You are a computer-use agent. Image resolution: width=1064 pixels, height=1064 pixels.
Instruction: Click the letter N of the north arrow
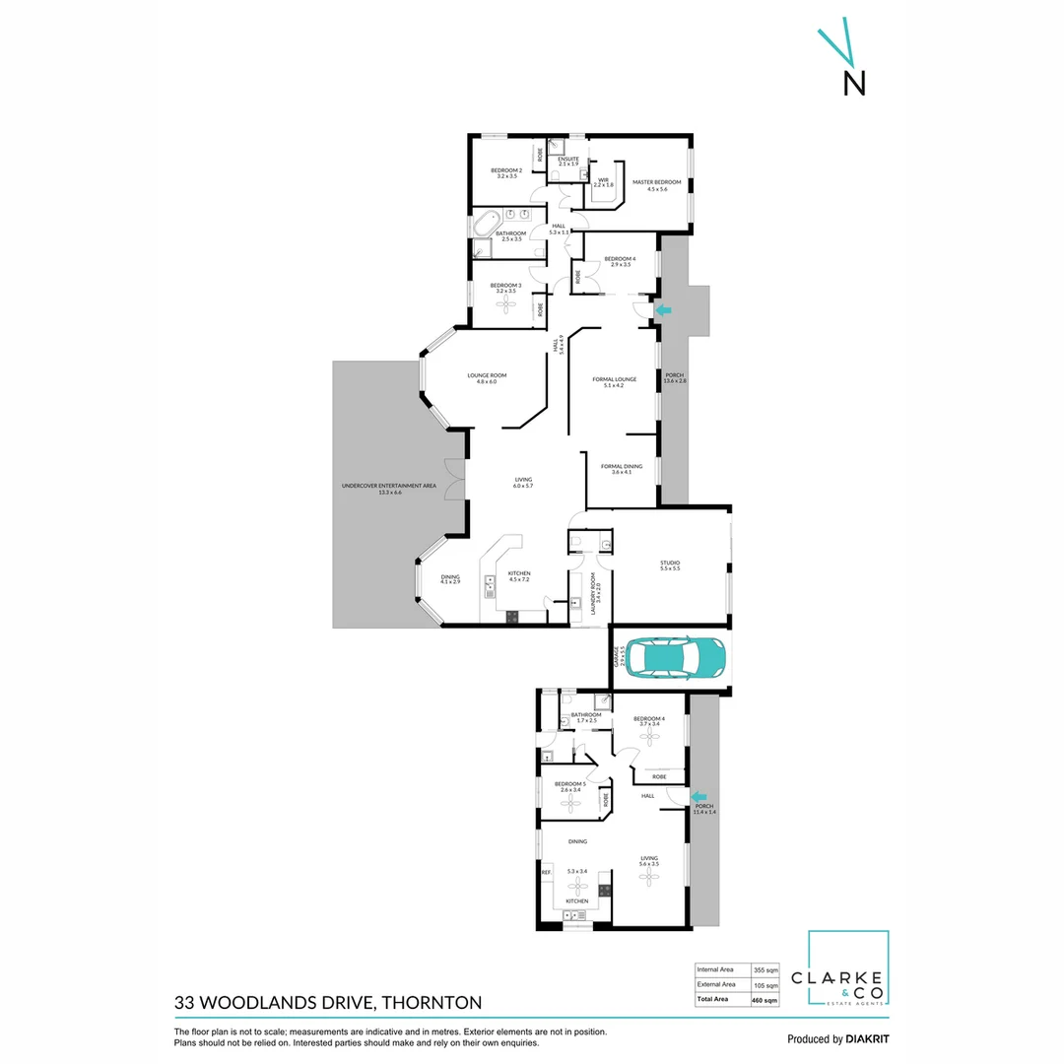pos(854,84)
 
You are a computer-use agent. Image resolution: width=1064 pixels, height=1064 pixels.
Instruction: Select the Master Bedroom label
pos(657,182)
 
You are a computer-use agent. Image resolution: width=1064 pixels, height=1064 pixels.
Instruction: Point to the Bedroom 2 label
pos(506,171)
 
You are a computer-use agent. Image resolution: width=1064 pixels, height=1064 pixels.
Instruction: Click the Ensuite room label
pos(568,159)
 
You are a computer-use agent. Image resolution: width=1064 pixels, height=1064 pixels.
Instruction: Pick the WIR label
pos(603,180)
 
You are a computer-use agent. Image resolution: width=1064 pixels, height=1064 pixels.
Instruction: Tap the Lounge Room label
pos(487,375)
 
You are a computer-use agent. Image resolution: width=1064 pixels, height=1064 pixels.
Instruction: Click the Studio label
pos(670,564)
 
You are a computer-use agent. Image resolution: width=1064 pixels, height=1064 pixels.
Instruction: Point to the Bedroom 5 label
pos(569,783)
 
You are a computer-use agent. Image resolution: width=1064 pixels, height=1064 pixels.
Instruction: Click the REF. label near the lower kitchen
pos(546,872)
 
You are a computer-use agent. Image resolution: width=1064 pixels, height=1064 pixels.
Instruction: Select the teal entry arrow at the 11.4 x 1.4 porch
pos(698,796)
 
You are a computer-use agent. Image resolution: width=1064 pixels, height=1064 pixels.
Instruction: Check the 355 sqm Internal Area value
pos(765,968)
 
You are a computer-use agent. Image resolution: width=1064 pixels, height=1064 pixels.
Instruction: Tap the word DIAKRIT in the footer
pos(870,1038)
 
